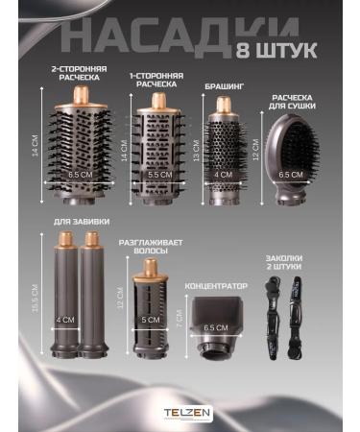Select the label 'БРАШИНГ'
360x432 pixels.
[222, 86]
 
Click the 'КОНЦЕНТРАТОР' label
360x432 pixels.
[216, 285]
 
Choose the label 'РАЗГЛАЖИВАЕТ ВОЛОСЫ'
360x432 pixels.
[144, 249]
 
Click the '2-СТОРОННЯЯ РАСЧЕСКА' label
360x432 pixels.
[80, 74]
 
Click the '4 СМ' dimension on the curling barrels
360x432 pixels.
[65, 320]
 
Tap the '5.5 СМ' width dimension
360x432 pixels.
[154, 176]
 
